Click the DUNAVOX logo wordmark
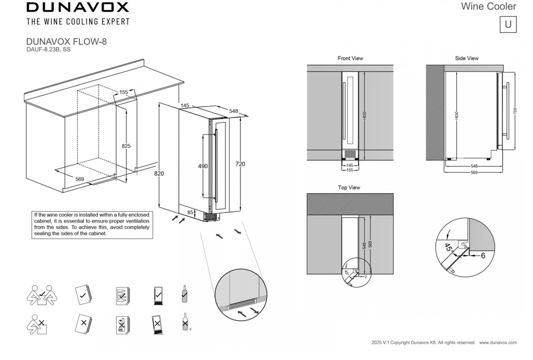(x=78, y=7)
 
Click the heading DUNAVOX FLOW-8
(x=66, y=41)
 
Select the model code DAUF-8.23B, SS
(x=49, y=50)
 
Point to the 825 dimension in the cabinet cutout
(x=126, y=146)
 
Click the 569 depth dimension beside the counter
(x=79, y=179)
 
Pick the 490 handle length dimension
(x=203, y=166)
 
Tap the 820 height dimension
(x=159, y=174)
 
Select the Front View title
(x=350, y=58)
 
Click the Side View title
(x=466, y=58)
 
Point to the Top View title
(x=349, y=187)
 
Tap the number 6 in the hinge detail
(x=483, y=255)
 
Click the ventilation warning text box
(x=91, y=224)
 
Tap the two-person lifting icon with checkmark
(x=42, y=294)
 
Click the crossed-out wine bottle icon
(x=184, y=322)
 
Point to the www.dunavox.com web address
(x=498, y=342)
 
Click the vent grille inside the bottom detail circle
(x=242, y=307)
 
